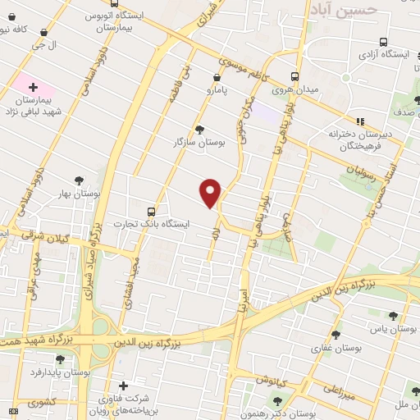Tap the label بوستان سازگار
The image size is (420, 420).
pyautogui.click(x=199, y=143)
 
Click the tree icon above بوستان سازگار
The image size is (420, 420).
pyautogui.click(x=199, y=129)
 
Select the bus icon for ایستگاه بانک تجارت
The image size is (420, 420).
pyautogui.click(x=150, y=211)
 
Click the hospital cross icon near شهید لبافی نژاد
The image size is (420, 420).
pyautogui.click(x=33, y=86)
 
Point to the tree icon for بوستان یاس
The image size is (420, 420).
pyautogui.click(x=394, y=316)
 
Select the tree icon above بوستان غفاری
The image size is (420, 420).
pyautogui.click(x=335, y=335)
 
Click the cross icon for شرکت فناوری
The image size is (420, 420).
pyautogui.click(x=123, y=386)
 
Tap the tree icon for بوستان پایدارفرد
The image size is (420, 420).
pyautogui.click(x=82, y=359)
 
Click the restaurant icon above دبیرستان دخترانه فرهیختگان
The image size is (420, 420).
pyautogui.click(x=359, y=121)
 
